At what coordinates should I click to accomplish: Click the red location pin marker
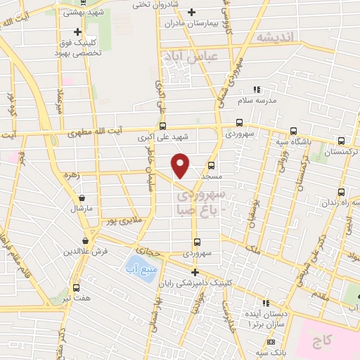coord(181,165)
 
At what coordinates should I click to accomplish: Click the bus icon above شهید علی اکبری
coord(163,126)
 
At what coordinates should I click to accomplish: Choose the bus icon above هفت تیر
coord(76,288)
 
